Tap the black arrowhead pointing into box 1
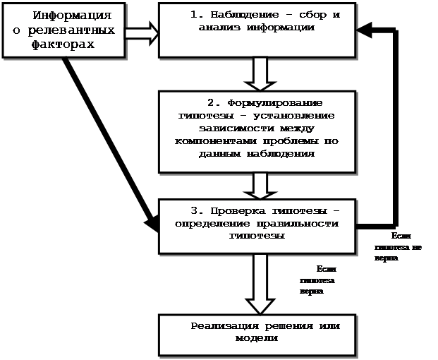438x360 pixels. (363, 30)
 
